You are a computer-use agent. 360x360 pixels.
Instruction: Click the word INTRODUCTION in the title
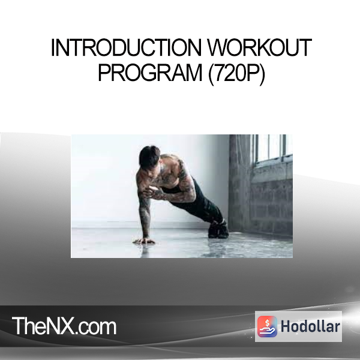pyautogui.click(x=126, y=47)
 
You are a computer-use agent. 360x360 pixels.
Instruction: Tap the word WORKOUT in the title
pyautogui.click(x=259, y=47)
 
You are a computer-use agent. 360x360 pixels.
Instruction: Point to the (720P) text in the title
pyautogui.click(x=236, y=73)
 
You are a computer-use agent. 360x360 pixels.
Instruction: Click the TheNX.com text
pyautogui.click(x=64, y=326)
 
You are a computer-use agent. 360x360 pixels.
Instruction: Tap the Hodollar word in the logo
pyautogui.click(x=310, y=326)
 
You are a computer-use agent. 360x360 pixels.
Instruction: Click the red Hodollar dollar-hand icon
pyautogui.click(x=267, y=326)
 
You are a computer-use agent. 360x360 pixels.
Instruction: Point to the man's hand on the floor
pyautogui.click(x=144, y=241)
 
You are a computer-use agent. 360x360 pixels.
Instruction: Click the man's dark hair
pyautogui.click(x=149, y=157)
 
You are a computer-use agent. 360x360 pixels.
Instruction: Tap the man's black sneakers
pyautogui.click(x=218, y=230)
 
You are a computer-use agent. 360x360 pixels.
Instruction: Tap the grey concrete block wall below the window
pyautogui.click(x=272, y=202)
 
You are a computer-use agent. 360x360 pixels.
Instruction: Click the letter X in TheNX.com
pyautogui.click(x=68, y=326)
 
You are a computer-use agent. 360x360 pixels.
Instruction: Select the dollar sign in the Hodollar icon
pyautogui.click(x=267, y=323)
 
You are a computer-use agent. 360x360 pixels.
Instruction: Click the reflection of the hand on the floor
pyautogui.click(x=145, y=249)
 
